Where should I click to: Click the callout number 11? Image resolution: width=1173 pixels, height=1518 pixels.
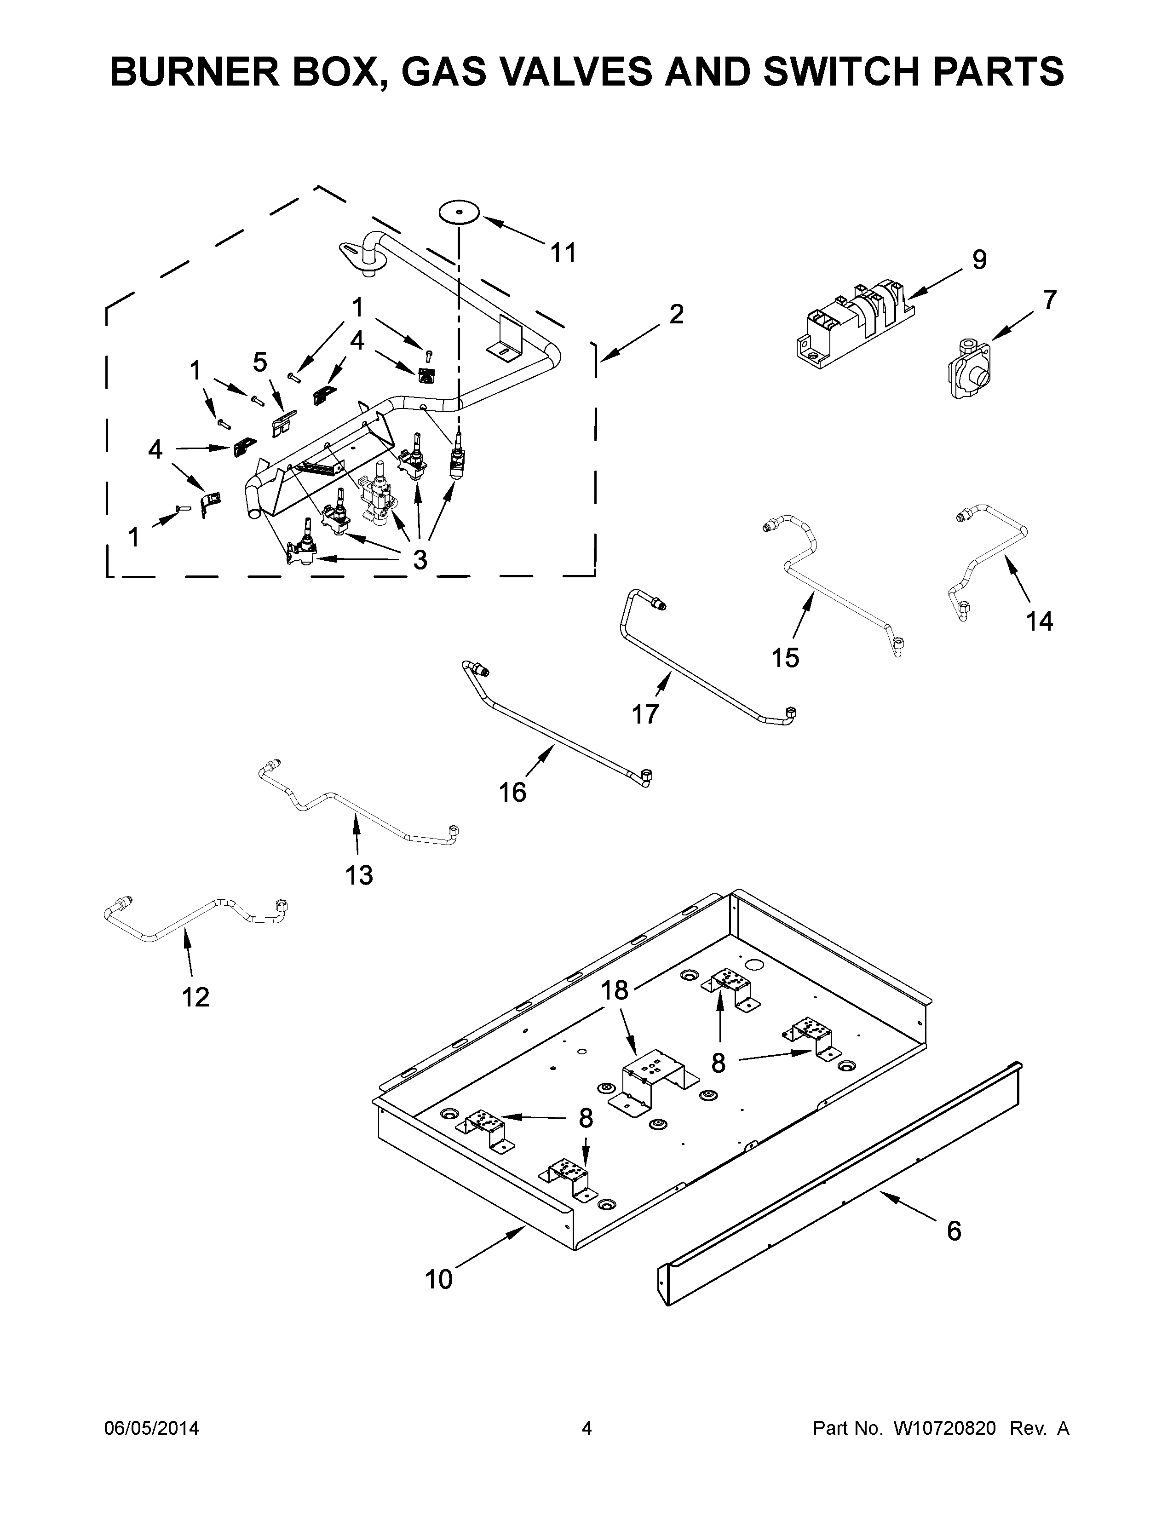pos(563,253)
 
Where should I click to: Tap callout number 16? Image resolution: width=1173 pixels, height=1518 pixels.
pos(513,793)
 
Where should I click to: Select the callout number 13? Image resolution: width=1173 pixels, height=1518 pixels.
pos(359,875)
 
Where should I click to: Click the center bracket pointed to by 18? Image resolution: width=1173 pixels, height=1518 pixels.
pos(653,1083)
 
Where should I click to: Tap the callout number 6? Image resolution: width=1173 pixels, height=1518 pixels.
pos(954,1231)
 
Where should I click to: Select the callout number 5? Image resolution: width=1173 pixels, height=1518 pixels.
pos(260,362)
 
